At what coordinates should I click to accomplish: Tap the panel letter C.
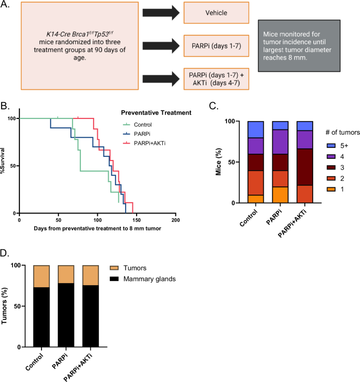click(213, 106)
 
